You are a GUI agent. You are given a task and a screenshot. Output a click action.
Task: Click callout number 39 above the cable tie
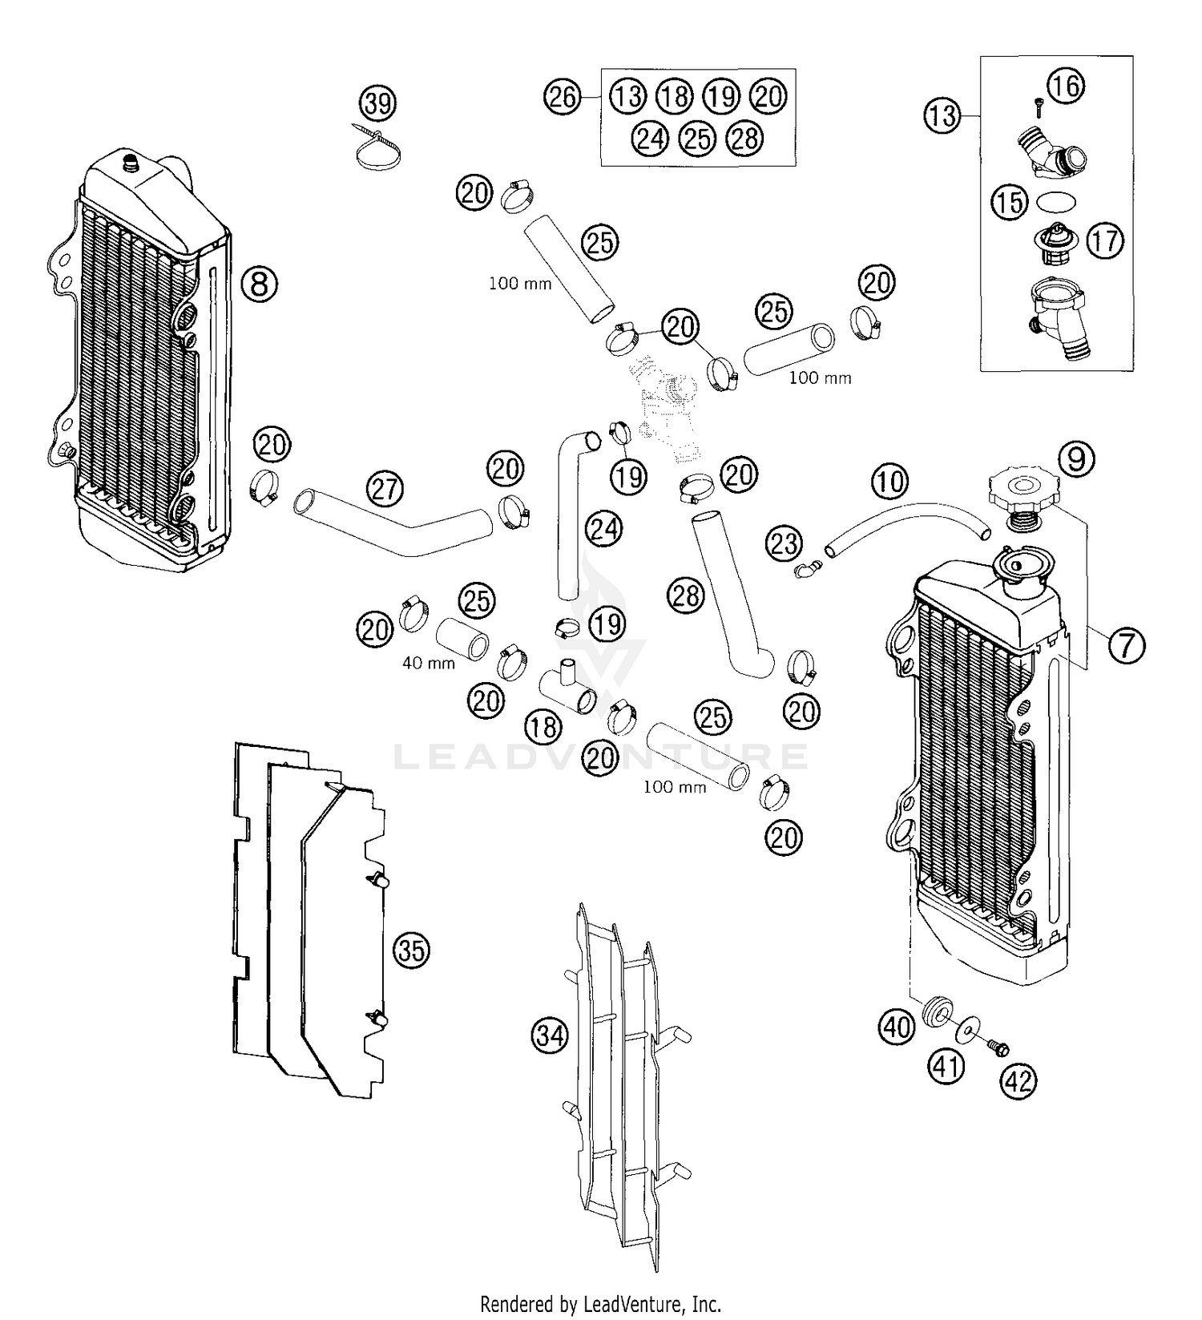tap(378, 103)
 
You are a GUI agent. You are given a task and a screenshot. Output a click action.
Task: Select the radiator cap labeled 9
tap(1021, 490)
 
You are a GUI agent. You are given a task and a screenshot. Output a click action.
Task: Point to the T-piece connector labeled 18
tap(570, 688)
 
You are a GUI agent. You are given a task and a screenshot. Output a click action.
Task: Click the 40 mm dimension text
tap(429, 664)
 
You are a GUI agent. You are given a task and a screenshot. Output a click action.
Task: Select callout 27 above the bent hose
tap(385, 488)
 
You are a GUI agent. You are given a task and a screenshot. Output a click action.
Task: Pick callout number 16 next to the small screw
tap(1065, 85)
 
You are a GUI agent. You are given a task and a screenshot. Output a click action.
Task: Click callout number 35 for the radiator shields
tap(411, 951)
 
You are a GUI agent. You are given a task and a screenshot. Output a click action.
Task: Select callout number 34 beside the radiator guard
tap(551, 1035)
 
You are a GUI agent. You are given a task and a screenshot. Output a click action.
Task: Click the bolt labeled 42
tap(997, 1046)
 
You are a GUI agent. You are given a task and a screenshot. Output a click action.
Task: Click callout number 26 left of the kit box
tap(563, 97)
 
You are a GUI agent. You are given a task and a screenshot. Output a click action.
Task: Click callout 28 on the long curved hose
tap(686, 595)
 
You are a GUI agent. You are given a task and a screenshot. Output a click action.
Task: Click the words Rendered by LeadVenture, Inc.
tap(601, 1303)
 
